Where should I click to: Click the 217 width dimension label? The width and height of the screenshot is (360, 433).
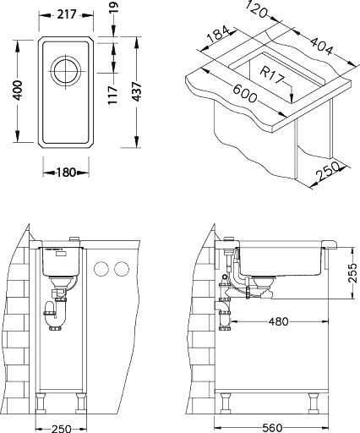tap(67, 14)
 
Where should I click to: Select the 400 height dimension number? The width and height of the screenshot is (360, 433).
tap(18, 90)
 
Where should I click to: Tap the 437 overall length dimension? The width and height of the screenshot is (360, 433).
tap(136, 91)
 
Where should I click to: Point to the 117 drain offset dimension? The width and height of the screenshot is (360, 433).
tap(113, 95)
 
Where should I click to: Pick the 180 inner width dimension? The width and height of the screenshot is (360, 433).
tap(66, 173)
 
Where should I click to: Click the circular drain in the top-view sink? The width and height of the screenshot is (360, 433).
tap(66, 70)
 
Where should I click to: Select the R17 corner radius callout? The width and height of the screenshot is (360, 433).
tap(270, 75)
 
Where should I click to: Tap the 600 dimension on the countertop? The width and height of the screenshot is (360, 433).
tap(244, 94)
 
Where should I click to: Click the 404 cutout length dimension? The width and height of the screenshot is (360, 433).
tap(321, 46)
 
